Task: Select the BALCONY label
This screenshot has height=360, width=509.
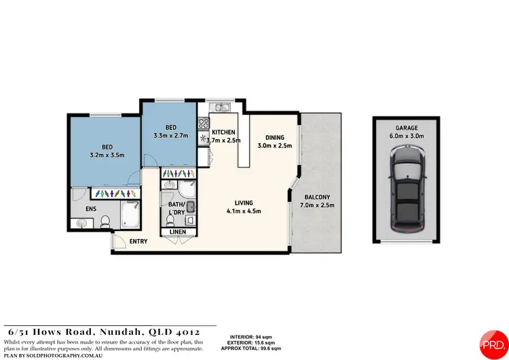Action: [x=318, y=197]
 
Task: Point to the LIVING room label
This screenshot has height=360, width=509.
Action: [x=244, y=202]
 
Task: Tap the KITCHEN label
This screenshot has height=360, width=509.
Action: [x=223, y=132]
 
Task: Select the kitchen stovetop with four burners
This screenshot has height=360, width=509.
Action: [x=202, y=124]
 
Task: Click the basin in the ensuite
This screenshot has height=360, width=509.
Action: [x=81, y=222]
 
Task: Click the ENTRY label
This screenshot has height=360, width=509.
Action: [x=138, y=241]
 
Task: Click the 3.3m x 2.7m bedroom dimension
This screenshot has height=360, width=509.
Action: [x=170, y=134]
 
